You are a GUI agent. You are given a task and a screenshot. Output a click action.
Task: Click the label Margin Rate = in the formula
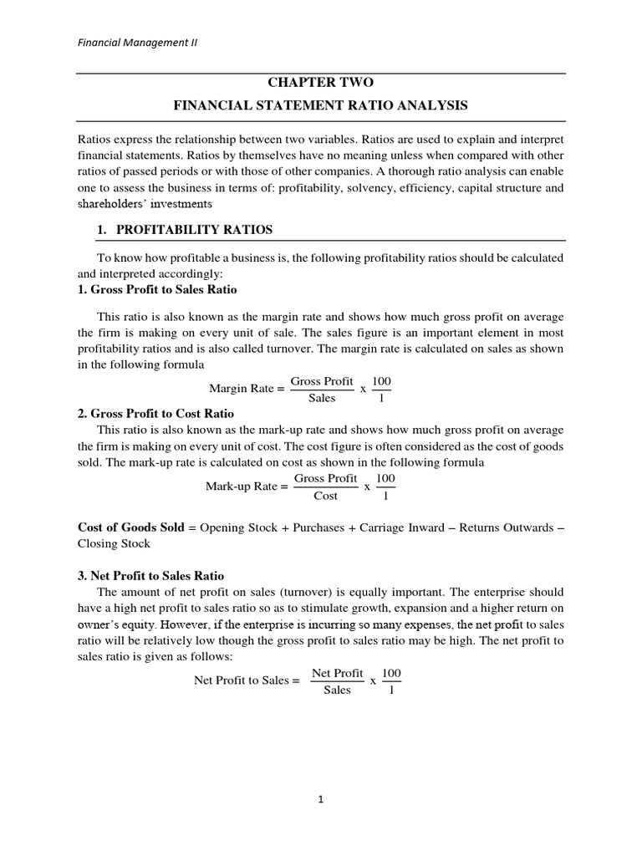pos(246,389)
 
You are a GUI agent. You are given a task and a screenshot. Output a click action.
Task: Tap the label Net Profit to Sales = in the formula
pos(247,680)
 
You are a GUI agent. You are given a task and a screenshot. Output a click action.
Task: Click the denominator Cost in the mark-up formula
pos(325,496)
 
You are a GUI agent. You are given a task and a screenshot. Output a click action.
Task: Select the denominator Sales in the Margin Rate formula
pos(322,399)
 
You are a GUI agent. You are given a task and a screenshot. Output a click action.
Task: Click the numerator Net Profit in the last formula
pos(337,672)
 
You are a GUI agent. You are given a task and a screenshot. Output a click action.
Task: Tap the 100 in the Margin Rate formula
pos(381,381)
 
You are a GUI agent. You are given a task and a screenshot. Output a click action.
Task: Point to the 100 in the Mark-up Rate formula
pos(385,478)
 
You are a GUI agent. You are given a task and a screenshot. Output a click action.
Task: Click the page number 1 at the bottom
pos(320,799)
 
